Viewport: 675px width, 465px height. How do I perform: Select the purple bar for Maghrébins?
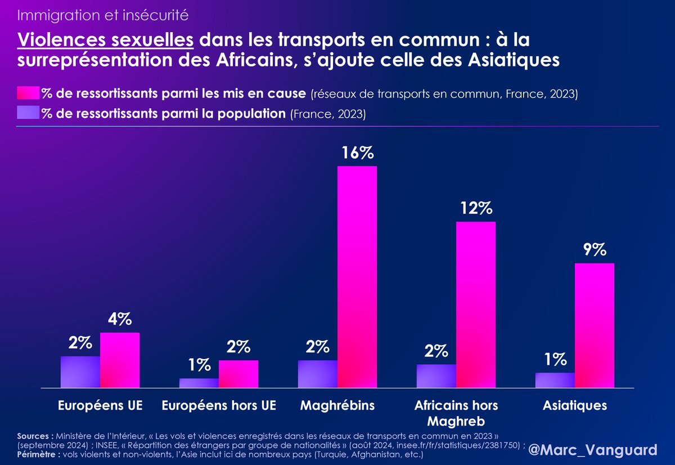tap(318, 374)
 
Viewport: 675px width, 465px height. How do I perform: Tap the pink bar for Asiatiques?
tap(595, 325)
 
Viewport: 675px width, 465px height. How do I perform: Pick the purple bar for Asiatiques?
tap(555, 380)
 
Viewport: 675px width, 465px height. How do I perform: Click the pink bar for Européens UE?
tap(120, 360)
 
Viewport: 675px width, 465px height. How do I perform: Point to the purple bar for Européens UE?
tap(80, 372)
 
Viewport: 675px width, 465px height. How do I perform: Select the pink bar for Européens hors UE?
tap(238, 374)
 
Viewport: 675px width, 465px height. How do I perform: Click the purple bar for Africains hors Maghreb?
tap(436, 375)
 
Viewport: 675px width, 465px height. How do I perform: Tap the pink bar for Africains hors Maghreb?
tap(476, 305)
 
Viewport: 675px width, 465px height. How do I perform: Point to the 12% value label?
tap(476, 209)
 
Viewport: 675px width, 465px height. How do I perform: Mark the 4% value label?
tap(120, 320)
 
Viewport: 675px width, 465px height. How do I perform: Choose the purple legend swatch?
tap(28, 113)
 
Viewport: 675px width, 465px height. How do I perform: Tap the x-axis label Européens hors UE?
tap(219, 405)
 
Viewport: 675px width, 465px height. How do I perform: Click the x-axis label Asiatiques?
tap(575, 405)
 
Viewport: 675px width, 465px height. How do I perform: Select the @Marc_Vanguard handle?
tap(593, 450)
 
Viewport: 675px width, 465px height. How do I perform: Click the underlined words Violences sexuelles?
tap(106, 40)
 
